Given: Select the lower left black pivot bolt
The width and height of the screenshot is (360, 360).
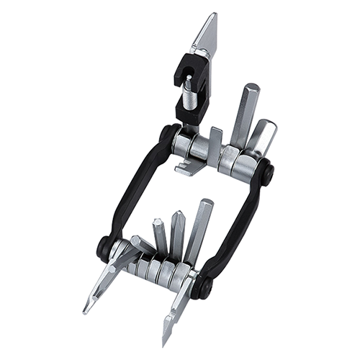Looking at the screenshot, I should click(x=104, y=247).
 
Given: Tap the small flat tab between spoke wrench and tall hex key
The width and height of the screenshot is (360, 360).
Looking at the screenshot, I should click(x=215, y=140).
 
